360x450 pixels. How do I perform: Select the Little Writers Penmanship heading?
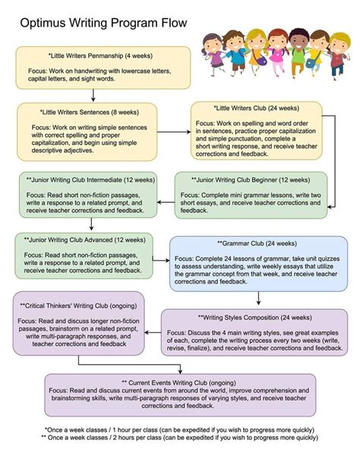(100, 55)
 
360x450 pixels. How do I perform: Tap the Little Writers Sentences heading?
(89, 112)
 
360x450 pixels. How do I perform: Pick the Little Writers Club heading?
(257, 108)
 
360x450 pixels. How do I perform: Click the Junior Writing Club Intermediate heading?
(90, 180)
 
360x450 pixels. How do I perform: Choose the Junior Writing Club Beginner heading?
(251, 180)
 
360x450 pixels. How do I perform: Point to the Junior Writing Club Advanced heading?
(85, 240)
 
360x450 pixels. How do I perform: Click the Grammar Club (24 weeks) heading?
(257, 243)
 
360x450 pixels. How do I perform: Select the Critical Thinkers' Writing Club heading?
(78, 306)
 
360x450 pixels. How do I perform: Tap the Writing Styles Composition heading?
(255, 318)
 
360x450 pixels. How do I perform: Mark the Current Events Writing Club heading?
(179, 383)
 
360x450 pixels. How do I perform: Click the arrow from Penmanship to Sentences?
(93, 95)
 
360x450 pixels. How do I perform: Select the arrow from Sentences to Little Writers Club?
(174, 132)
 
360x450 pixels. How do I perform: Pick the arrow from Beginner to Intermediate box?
(166, 202)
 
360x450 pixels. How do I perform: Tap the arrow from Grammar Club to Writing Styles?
(258, 298)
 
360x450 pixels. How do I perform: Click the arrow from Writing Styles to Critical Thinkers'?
(153, 333)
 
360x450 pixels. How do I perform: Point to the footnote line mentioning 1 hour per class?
(179, 430)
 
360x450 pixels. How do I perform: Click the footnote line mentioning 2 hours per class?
(179, 438)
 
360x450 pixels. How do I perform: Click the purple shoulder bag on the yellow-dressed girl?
(261, 60)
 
